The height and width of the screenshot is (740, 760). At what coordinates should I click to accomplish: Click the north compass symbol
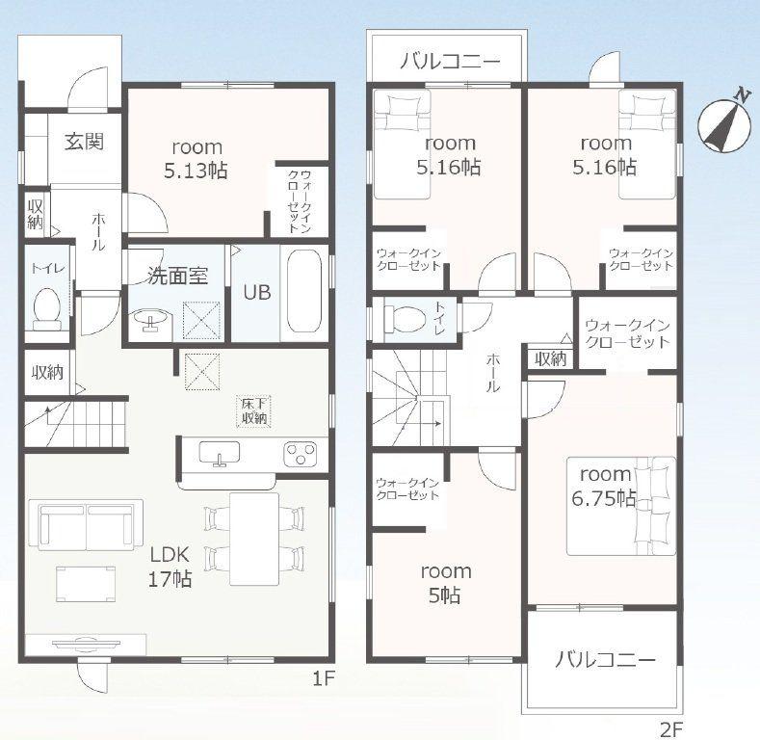tap(723, 123)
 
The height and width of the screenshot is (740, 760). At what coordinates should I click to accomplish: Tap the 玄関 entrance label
tap(85, 142)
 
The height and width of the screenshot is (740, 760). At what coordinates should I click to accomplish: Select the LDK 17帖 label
tap(170, 567)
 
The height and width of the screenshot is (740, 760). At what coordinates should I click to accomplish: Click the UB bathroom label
tap(257, 292)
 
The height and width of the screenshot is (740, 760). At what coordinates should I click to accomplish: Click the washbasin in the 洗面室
tap(150, 319)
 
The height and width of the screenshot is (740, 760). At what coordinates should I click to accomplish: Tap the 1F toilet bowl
tap(47, 308)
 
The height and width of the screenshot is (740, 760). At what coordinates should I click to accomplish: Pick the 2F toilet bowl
tap(405, 319)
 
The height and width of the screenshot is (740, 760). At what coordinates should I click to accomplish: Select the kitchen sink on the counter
tap(220, 453)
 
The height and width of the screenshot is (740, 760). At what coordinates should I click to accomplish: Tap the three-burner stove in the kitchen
tap(301, 454)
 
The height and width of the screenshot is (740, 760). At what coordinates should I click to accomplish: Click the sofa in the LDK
tap(86, 525)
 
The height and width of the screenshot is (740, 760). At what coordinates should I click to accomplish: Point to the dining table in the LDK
tap(254, 539)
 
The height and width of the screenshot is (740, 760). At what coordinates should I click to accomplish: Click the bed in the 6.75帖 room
tap(621, 506)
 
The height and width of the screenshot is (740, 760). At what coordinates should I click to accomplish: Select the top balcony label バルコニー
tap(450, 62)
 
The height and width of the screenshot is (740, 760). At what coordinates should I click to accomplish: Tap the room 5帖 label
tap(445, 583)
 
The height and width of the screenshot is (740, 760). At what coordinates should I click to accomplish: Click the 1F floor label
tap(324, 679)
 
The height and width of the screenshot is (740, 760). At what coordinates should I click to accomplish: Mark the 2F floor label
tap(671, 729)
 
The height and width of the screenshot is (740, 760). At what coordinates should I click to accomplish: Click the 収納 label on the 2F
tap(551, 358)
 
